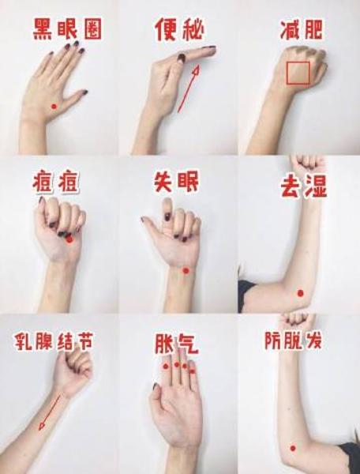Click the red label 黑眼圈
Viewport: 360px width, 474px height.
pyautogui.click(x=67, y=29)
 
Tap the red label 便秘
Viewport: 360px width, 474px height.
pyautogui.click(x=179, y=29)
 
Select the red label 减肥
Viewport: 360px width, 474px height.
pyautogui.click(x=301, y=30)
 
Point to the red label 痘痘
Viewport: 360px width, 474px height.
pyautogui.click(x=55, y=182)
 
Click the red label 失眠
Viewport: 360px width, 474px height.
pyautogui.click(x=176, y=182)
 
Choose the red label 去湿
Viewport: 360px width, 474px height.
pyautogui.click(x=303, y=186)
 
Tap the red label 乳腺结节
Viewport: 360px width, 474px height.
pyautogui.click(x=54, y=341)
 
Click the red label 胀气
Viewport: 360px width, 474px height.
pyautogui.click(x=176, y=344)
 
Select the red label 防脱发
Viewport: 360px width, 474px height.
pyautogui.click(x=293, y=340)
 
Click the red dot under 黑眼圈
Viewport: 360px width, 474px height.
pyautogui.click(x=54, y=107)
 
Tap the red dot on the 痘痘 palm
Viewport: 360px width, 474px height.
pyautogui.click(x=69, y=239)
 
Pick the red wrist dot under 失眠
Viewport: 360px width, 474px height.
pyautogui.click(x=186, y=270)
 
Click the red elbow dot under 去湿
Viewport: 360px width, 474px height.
pyautogui.click(x=300, y=293)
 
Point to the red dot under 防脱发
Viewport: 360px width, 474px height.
pyautogui.click(x=293, y=448)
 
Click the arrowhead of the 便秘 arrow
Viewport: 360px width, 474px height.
pyautogui.click(x=197, y=70)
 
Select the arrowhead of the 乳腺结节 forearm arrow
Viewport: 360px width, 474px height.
pyautogui.click(x=41, y=427)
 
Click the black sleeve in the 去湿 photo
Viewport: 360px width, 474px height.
pyautogui.click(x=246, y=295)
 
